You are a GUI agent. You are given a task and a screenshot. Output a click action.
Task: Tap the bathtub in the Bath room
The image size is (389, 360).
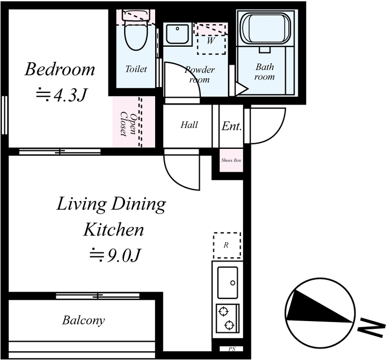pos(266,28)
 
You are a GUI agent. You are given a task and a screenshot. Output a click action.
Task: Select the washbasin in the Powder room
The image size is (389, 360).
pos(177,34)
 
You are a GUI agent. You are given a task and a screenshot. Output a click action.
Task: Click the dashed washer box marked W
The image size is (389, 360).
pos(211,39)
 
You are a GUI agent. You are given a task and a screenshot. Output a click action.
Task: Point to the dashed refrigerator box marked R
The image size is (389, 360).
pos(227,245)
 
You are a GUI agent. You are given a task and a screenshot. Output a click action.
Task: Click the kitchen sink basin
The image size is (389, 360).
pos(228,283)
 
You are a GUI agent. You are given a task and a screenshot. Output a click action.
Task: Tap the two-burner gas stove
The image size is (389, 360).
pos(228,318)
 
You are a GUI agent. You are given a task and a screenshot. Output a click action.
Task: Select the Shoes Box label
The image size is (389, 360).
pos(231,161)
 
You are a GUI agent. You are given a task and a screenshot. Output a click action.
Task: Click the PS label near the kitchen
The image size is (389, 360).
pos(232,349)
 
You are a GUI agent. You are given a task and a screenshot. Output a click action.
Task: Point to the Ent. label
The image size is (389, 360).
pos(232,126)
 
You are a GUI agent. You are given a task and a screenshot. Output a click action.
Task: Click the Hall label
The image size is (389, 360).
pos(189,125)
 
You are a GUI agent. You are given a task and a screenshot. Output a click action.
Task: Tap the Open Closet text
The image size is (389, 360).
pos(128,125)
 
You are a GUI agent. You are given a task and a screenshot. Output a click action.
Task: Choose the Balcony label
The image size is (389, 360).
pos(83,320)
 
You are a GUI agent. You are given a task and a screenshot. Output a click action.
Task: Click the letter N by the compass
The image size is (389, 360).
pos(371,327)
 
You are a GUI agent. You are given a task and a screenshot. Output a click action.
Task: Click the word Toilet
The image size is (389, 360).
pos(136,69)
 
